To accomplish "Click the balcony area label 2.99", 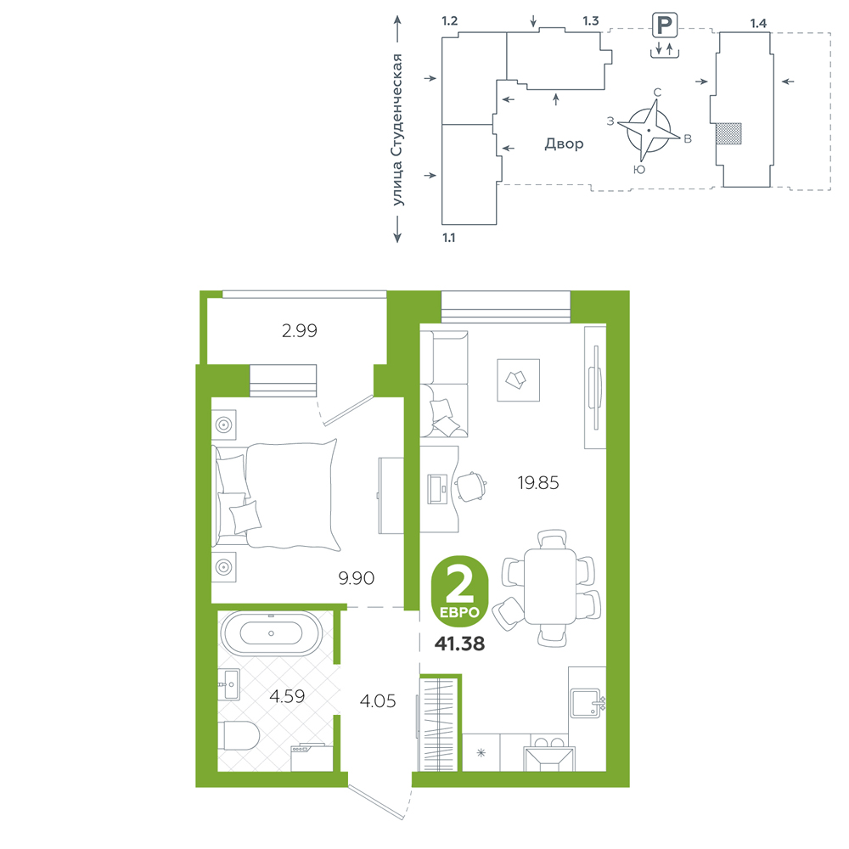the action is tap(300, 330).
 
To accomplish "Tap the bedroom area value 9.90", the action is tap(357, 578).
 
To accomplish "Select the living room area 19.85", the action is tap(538, 482).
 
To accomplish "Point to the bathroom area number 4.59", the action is tap(287, 696).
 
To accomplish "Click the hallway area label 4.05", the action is tap(378, 701).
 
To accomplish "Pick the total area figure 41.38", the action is tap(459, 644).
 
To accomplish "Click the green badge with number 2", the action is tap(459, 591).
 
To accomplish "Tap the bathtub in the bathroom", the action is tap(271, 633).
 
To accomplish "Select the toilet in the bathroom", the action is tap(241, 735).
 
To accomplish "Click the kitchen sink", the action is tap(586, 703).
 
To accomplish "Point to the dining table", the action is tap(550, 587).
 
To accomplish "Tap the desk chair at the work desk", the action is tap(470, 486).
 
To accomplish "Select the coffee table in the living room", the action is tap(518, 380).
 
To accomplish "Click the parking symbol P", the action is tap(665, 25).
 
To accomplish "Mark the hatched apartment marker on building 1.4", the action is tap(728, 133).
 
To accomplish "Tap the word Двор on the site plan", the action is tap(565, 144).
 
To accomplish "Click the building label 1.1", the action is tap(449, 238).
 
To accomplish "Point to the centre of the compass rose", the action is tap(649, 131).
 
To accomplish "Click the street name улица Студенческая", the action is tap(397, 130).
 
